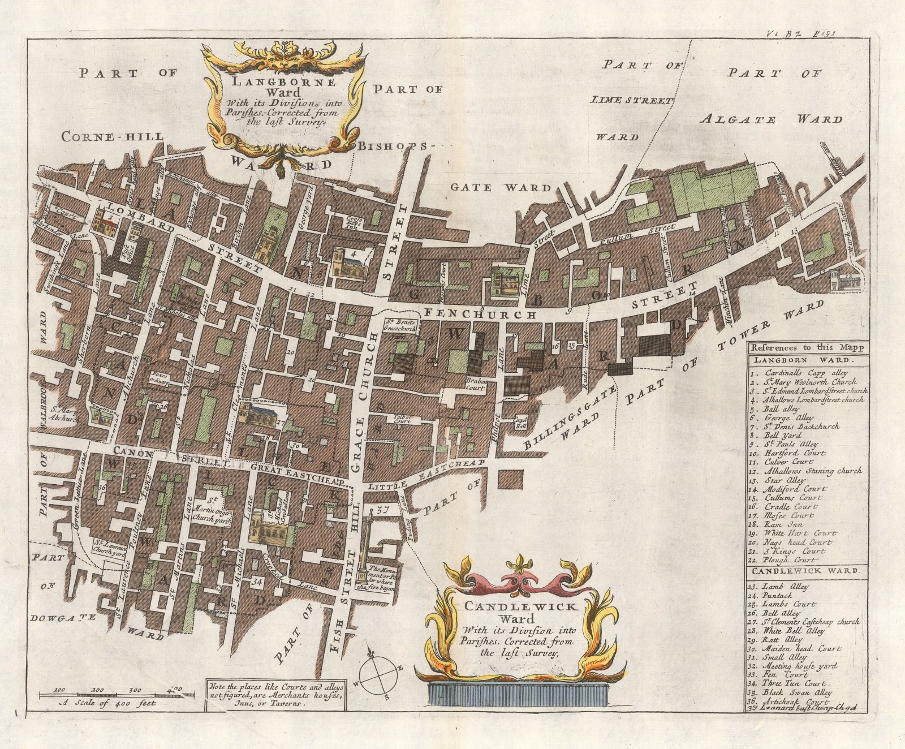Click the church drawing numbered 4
[347, 262]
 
